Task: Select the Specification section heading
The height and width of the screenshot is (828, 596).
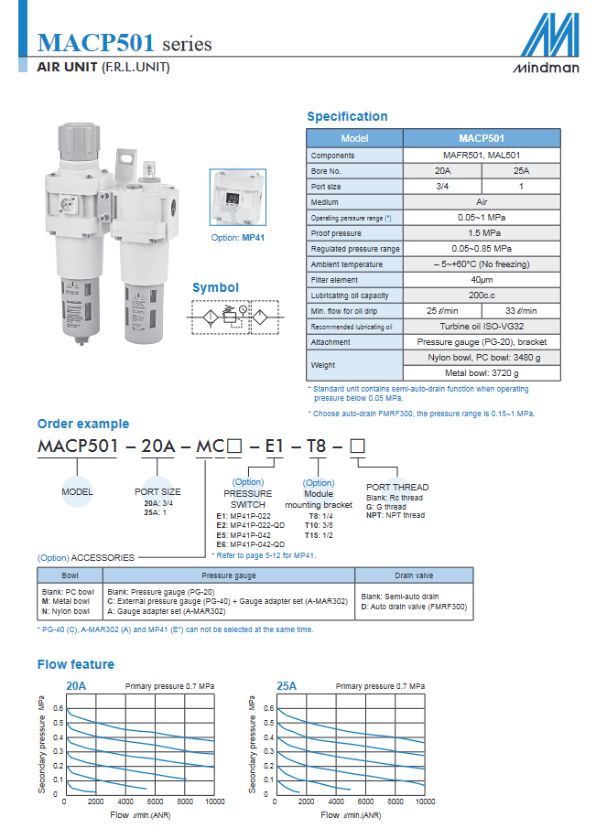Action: (347, 116)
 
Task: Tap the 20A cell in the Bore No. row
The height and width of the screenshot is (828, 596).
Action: (442, 171)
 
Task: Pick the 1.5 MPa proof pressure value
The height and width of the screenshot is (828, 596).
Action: (482, 233)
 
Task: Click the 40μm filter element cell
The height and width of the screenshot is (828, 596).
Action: (482, 280)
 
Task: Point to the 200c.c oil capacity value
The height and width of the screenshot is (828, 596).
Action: (482, 296)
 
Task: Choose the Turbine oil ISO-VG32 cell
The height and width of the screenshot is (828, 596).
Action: (482, 327)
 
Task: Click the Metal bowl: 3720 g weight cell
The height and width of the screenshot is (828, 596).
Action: (482, 373)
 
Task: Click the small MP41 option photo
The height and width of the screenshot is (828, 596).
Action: (238, 200)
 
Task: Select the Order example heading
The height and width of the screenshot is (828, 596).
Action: (82, 424)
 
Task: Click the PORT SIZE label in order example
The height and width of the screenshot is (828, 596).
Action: (157, 491)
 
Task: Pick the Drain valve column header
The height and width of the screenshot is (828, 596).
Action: (414, 575)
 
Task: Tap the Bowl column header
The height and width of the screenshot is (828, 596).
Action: (70, 575)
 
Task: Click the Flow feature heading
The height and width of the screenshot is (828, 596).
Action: (76, 664)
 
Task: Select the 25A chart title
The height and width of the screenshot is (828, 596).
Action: (287, 685)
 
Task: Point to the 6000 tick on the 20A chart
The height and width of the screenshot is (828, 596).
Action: (154, 801)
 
